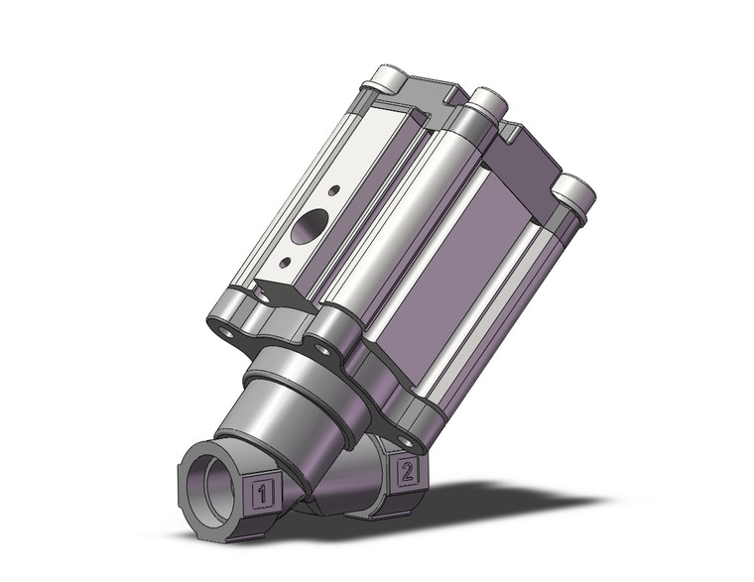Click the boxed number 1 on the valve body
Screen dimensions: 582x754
pyautogui.click(x=261, y=490)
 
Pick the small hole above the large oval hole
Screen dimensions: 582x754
pyautogui.click(x=334, y=189)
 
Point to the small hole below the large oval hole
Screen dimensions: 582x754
pyautogui.click(x=286, y=262)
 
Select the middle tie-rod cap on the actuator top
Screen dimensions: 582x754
pyautogui.click(x=486, y=101)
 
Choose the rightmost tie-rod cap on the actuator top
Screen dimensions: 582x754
pyautogui.click(x=573, y=190)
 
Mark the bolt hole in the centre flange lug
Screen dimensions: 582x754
pyautogui.click(x=319, y=346)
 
